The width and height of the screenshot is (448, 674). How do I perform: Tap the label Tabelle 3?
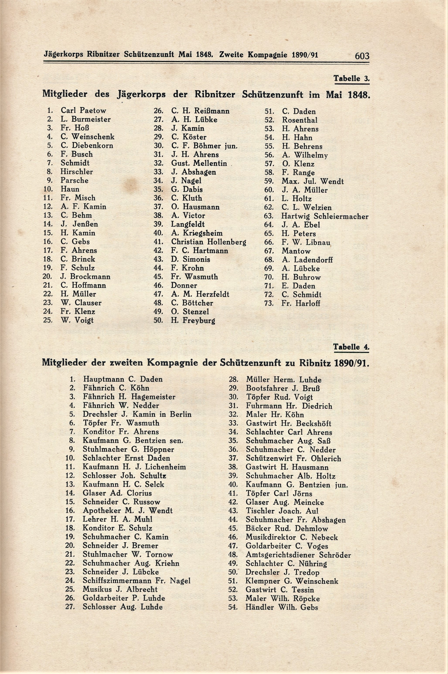click(x=351, y=79)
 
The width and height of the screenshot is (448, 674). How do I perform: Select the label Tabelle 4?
click(x=351, y=347)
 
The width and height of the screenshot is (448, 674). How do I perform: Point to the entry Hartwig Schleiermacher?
click(x=325, y=216)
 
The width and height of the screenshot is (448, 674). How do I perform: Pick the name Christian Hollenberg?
click(x=208, y=242)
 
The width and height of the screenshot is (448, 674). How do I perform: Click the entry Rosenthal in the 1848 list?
click(x=299, y=120)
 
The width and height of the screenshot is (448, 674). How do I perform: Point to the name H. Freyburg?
click(x=193, y=320)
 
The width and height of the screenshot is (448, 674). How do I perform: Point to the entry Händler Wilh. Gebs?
click(x=281, y=607)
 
